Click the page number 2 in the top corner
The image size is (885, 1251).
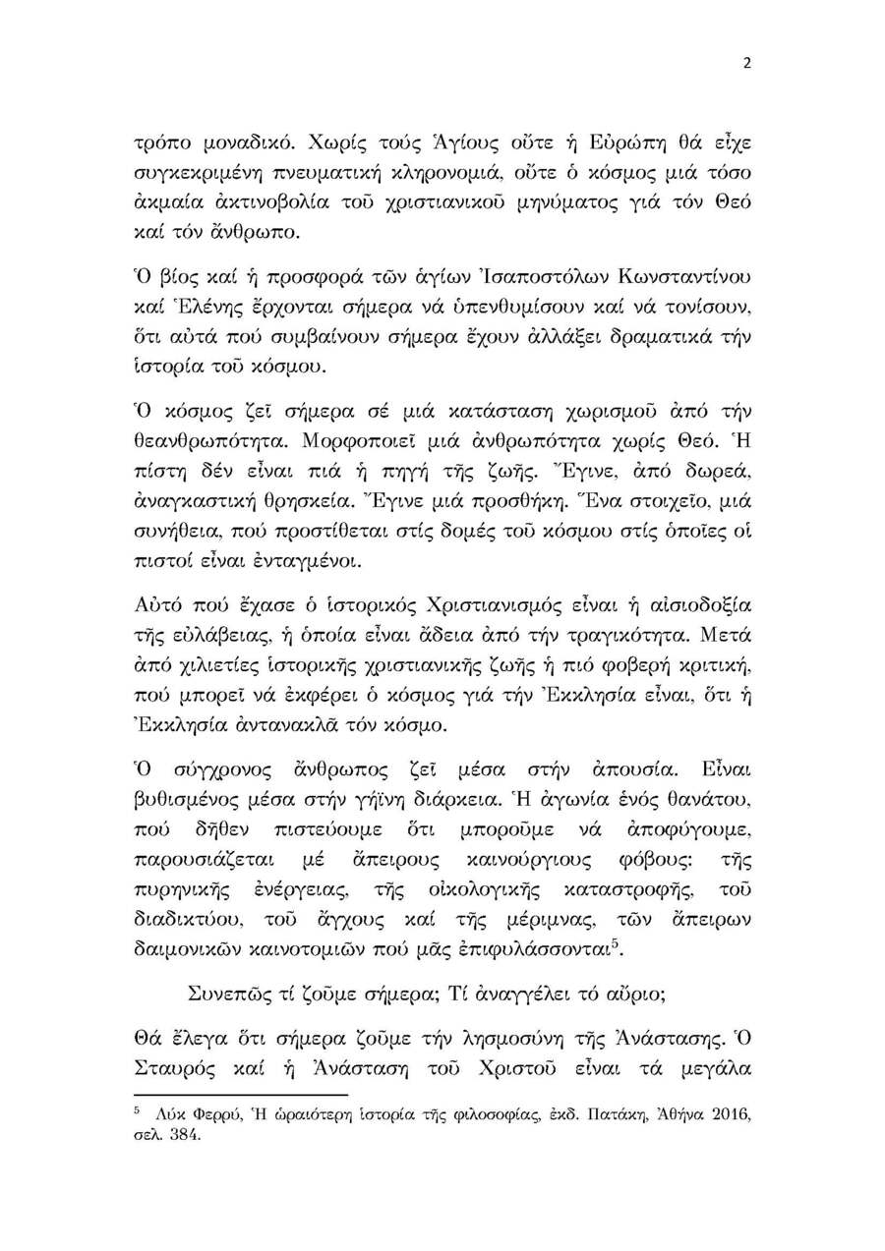pos(746,64)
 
